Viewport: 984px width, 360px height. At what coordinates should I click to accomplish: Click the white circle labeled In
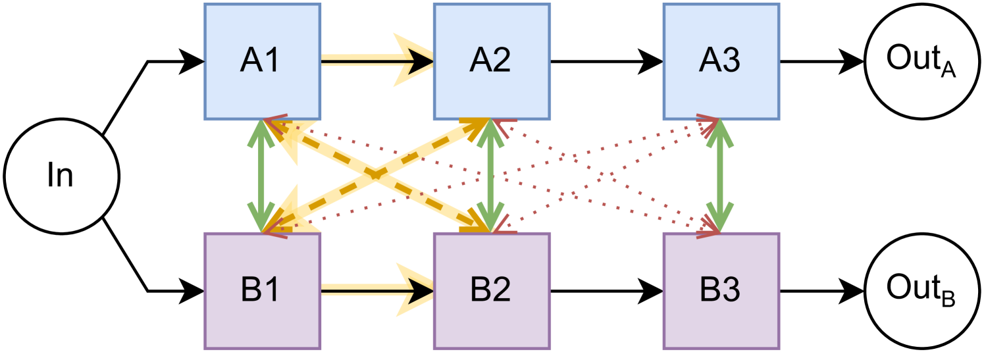point(61,176)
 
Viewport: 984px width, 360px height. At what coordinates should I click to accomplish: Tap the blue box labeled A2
point(491,61)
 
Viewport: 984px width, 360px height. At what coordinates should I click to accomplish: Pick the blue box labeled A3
point(720,61)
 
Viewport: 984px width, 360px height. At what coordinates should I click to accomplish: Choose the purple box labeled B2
point(491,290)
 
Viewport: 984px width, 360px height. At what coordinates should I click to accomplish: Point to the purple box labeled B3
point(720,290)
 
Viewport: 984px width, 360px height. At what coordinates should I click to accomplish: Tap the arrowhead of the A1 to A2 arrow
point(415,61)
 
